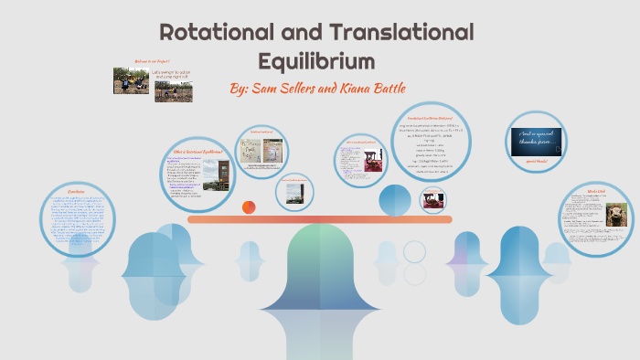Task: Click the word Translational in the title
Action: (x=397, y=31)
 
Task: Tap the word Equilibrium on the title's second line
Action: (x=316, y=61)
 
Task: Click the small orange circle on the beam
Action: (x=249, y=207)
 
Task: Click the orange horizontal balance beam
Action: (x=320, y=219)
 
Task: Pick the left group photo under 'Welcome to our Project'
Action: (x=131, y=80)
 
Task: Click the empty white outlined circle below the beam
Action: (x=414, y=251)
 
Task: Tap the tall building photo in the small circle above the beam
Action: (x=294, y=190)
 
